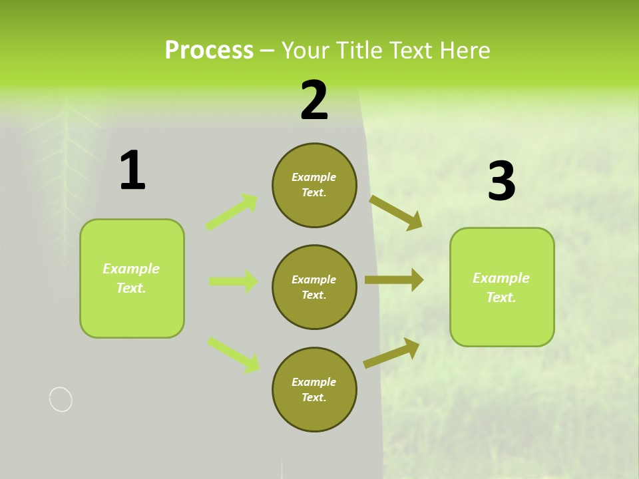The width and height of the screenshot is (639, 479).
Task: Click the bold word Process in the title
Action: coord(209,50)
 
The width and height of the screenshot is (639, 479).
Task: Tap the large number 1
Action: coord(132,170)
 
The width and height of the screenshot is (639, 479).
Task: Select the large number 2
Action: coord(314,100)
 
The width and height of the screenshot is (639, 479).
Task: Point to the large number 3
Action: coord(501,181)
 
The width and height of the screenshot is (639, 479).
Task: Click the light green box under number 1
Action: coord(132,278)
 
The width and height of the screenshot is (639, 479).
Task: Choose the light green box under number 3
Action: coord(502,287)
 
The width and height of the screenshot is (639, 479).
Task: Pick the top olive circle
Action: coord(314,185)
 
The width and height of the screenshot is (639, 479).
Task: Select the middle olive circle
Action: coord(314,287)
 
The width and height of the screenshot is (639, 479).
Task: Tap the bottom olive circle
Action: coord(314,390)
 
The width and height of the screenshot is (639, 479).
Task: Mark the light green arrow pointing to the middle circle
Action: coord(234,281)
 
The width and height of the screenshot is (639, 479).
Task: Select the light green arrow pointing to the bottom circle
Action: coord(234,354)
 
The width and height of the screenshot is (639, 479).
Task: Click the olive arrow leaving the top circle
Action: coord(396,212)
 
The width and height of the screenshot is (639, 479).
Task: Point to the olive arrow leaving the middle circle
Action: coord(394,280)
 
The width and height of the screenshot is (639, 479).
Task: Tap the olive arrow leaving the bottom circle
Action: coord(391,353)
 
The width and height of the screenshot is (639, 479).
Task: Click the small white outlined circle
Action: coord(61,399)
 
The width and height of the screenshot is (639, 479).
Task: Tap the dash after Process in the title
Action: coord(268,51)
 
